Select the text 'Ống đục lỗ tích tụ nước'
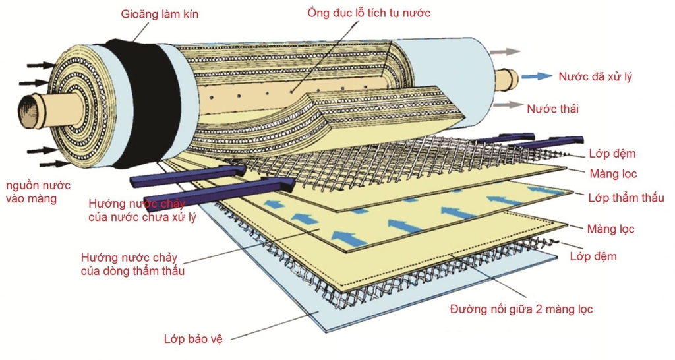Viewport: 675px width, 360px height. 368,13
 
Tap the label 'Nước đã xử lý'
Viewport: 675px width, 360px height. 595,76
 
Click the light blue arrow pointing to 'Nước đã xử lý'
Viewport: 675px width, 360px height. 537,76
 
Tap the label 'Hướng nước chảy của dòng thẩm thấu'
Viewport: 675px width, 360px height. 132,264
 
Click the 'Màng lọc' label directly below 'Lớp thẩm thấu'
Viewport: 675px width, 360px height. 610,229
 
